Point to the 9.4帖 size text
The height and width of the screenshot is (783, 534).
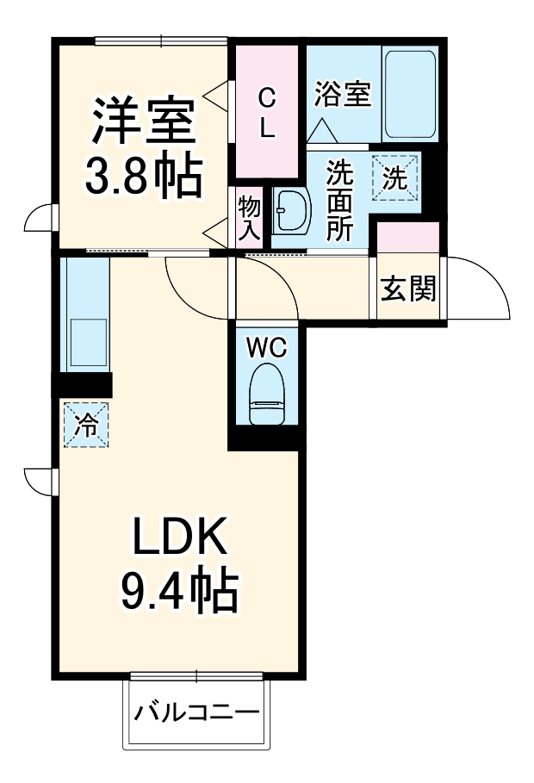click(x=179, y=590)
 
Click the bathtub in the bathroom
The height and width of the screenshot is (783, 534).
click(x=411, y=94)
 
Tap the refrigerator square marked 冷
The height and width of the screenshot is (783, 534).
click(x=86, y=425)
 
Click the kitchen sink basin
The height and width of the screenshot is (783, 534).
click(x=87, y=344)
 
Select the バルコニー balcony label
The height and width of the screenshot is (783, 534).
click(x=196, y=714)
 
